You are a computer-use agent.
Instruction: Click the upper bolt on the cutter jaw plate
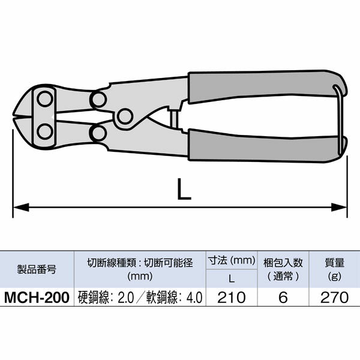[44, 98]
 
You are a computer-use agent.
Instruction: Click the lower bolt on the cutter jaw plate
[44, 131]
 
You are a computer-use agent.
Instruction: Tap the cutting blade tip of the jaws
[16, 114]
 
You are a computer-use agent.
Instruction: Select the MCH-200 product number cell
[37, 296]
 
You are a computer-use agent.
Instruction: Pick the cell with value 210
[231, 296]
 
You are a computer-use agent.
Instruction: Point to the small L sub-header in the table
[231, 278]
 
